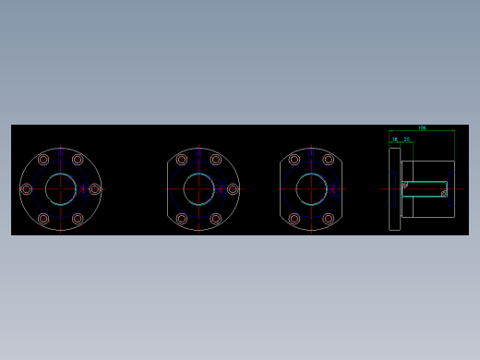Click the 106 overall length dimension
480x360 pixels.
click(422, 128)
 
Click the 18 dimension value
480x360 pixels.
click(395, 139)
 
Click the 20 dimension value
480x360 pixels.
click(407, 139)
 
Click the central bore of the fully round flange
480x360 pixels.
click(61, 189)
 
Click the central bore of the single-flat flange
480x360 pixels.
click(198, 189)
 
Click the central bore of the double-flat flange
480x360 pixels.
click(311, 189)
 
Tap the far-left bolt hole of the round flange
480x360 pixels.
click(27, 189)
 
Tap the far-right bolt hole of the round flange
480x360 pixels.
click(94, 189)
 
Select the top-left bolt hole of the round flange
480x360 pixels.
click(43, 160)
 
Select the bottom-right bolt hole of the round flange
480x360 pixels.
click(78, 219)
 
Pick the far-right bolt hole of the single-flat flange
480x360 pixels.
click(233, 189)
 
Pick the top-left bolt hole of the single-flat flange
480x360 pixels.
click(182, 160)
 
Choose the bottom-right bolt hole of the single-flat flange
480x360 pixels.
click(216, 219)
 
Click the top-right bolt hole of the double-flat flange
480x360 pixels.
click(328, 160)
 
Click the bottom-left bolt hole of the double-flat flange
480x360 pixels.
click(294, 219)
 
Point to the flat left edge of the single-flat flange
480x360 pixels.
click(167, 189)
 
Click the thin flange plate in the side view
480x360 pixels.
click(394, 189)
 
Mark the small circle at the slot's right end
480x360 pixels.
click(444, 194)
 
